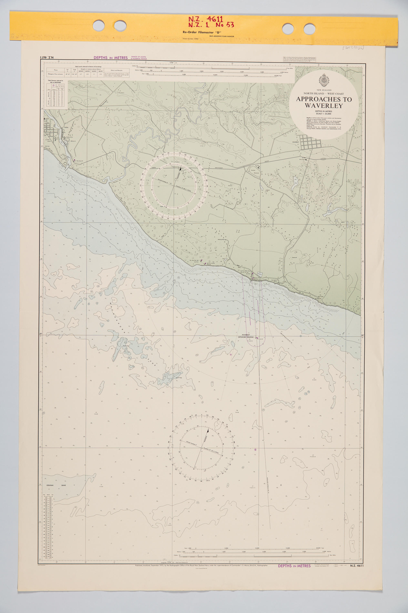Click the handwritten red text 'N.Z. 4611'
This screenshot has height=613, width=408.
click(206, 19)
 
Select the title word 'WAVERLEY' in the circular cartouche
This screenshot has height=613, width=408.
click(324, 106)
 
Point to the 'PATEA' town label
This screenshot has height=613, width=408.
click(66, 128)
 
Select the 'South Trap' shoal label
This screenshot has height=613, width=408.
click(179, 378)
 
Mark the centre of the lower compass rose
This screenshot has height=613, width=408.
click(201, 448)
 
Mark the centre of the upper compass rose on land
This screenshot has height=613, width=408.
click(174, 186)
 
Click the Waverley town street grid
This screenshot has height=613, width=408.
click(311, 142)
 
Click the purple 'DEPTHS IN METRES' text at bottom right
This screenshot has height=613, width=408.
click(294, 566)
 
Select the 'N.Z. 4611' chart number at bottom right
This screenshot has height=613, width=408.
click(356, 566)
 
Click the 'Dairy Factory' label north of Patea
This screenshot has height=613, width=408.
click(121, 93)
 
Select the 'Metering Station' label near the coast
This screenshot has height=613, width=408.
click(221, 239)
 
